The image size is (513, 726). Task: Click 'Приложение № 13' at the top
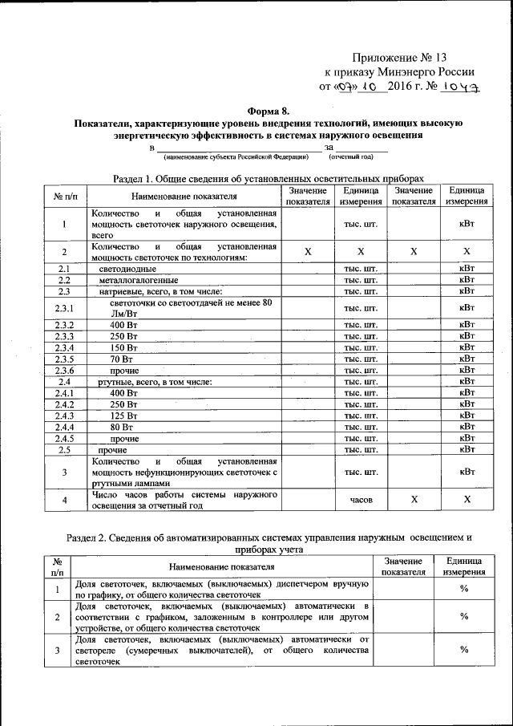pyautogui.click(x=402, y=58)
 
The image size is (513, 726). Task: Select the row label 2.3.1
pyautogui.click(x=64, y=308)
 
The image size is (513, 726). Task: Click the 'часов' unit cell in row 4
pyautogui.click(x=360, y=500)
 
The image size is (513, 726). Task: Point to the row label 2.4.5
pyautogui.click(x=64, y=438)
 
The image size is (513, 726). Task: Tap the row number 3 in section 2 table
pyautogui.click(x=57, y=651)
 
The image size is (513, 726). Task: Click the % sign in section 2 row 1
pyautogui.click(x=464, y=590)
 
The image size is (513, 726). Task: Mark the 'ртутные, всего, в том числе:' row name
pyautogui.click(x=155, y=382)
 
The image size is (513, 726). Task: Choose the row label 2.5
pyautogui.click(x=64, y=450)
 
